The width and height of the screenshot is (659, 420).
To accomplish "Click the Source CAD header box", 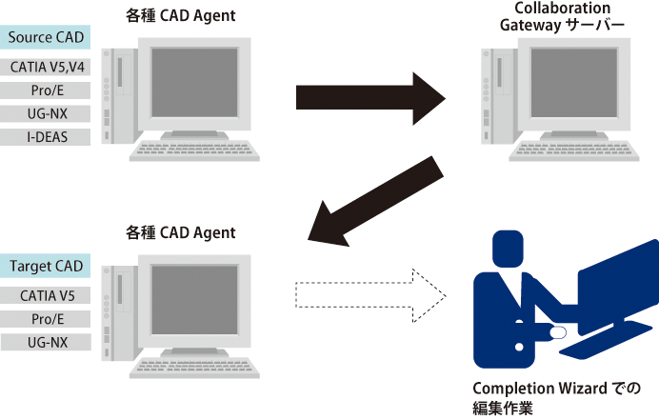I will click(46, 37).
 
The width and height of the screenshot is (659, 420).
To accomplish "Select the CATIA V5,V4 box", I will click(46, 68).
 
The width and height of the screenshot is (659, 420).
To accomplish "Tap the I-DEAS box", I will click(46, 136).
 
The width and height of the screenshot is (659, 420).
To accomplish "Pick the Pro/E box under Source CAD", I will click(46, 90).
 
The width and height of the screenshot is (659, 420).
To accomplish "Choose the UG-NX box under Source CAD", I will click(46, 113).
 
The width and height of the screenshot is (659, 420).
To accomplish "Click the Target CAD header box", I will click(46, 266).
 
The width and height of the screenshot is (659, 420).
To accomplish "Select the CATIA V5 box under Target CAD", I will click(46, 295).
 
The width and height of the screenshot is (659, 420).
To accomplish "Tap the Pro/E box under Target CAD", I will click(46, 318).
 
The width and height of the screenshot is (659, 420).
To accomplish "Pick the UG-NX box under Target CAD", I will click(46, 341).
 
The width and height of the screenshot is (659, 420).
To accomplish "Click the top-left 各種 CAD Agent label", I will click(180, 15).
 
